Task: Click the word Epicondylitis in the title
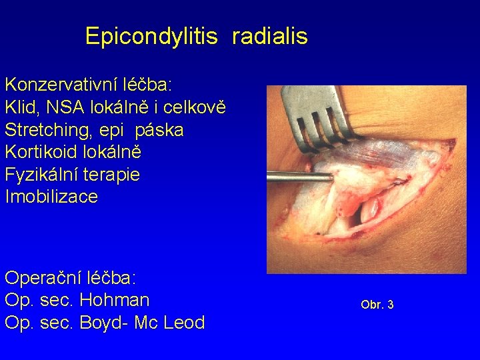151,37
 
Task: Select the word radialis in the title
269,37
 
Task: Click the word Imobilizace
51,197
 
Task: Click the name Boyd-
104,323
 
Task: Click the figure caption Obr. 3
377,305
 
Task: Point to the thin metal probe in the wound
300,177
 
